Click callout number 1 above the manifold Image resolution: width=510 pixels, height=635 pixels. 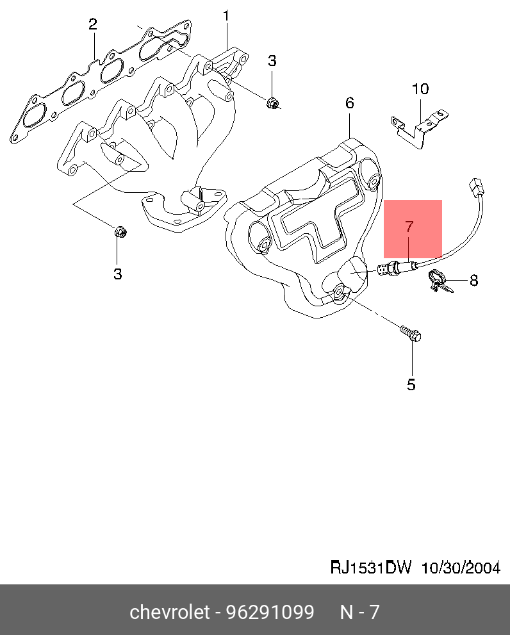coord(226,15)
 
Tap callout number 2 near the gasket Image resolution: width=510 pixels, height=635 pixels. coord(93,25)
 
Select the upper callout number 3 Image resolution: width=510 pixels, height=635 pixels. coord(272,61)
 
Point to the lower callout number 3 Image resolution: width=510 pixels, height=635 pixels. coord(118,274)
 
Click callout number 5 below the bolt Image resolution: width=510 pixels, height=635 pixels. coord(411,384)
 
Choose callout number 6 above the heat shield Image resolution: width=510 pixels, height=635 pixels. coord(350,103)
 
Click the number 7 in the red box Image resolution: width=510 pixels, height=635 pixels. coord(409,226)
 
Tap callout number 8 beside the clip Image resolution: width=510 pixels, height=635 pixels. coord(474,280)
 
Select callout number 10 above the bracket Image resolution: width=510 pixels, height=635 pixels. coord(420,89)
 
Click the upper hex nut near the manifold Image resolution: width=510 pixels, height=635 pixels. coord(273,103)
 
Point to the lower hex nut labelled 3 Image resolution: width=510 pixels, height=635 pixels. coord(119,232)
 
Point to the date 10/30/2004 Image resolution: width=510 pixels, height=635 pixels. coord(460,568)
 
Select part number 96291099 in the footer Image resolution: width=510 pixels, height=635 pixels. coord(269,613)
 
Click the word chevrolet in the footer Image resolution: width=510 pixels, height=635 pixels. coord(170,613)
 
